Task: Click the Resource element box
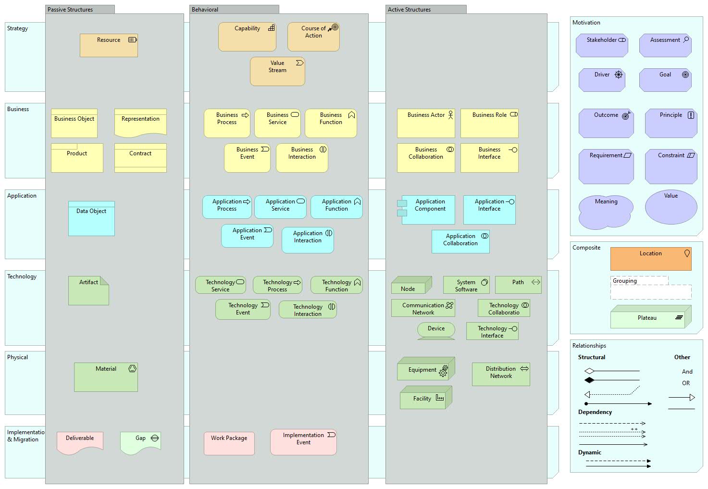[109, 45]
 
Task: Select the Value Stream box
[277, 71]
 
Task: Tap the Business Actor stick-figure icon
[450, 115]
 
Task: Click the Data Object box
[91, 218]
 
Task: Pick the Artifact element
[88, 290]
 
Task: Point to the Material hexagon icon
[132, 369]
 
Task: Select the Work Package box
[229, 443]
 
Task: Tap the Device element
[436, 330]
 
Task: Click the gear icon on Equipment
[443, 371]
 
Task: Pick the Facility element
[423, 399]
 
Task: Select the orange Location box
[650, 259]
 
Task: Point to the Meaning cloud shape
[605, 212]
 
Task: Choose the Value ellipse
[671, 207]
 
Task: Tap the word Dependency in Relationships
[595, 412]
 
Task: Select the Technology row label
[22, 276]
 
